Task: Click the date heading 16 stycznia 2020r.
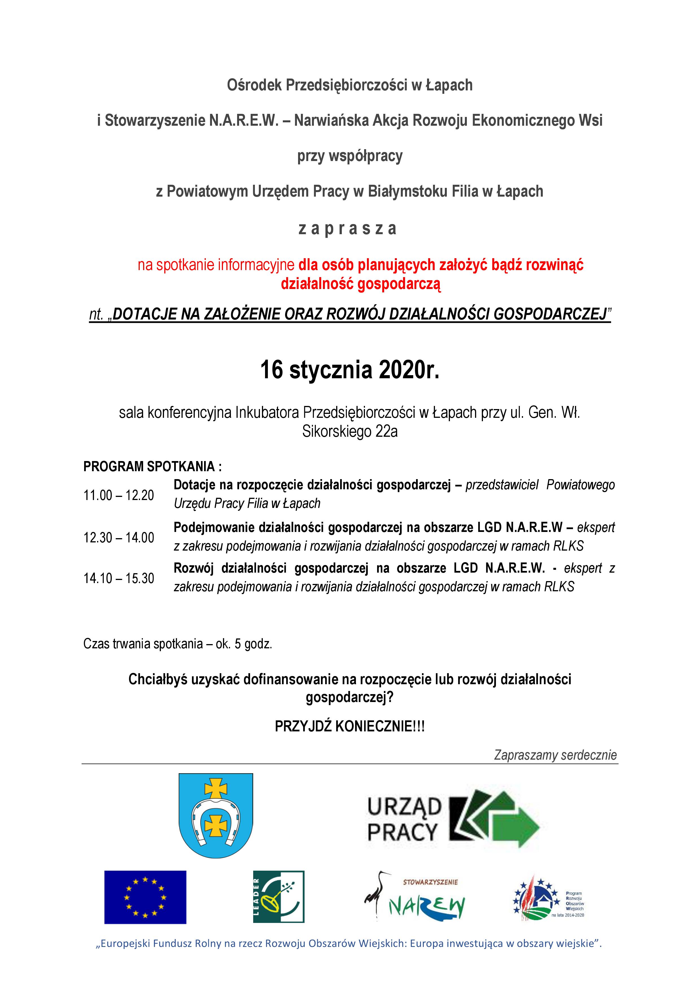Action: coord(349,370)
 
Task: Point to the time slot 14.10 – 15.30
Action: coord(119,578)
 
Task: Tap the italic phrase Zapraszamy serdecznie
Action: coord(555,755)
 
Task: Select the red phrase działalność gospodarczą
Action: coord(360,284)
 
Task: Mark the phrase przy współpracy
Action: coord(349,156)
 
